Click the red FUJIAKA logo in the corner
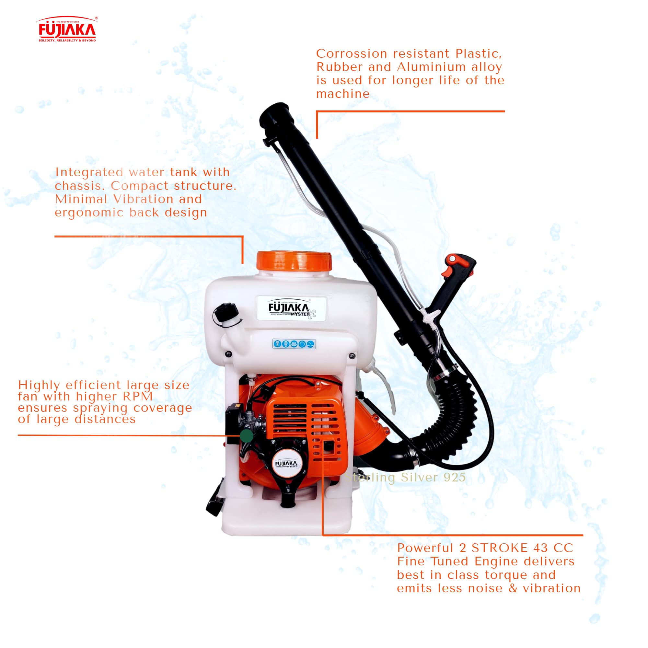67,29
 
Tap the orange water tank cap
294,261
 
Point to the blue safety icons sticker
294,344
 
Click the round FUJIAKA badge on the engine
286,464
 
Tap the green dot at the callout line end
247,436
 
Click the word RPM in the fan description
137,397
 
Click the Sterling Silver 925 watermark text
405,477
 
